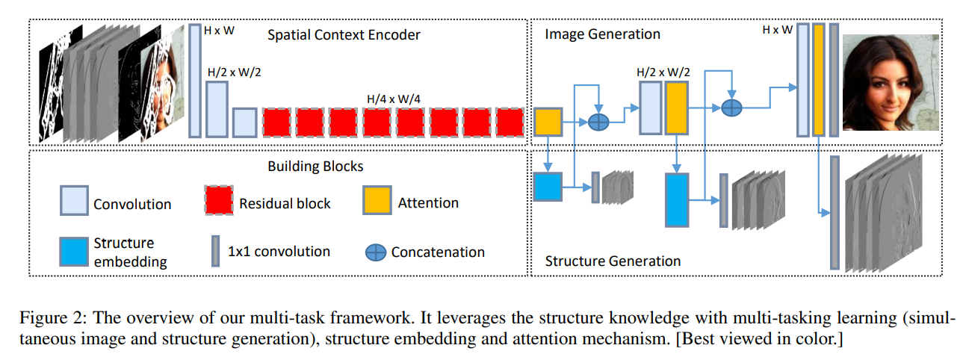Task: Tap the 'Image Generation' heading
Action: [602, 34]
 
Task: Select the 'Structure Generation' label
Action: [613, 261]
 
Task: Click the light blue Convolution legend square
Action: [75, 200]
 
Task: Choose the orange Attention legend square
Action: [377, 200]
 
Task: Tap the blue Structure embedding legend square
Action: [75, 251]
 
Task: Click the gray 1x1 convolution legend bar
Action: [215, 251]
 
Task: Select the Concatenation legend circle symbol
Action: [376, 252]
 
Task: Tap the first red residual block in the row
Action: [276, 122]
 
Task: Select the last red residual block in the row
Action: [510, 122]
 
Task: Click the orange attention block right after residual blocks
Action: [548, 122]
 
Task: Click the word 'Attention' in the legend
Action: [428, 202]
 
